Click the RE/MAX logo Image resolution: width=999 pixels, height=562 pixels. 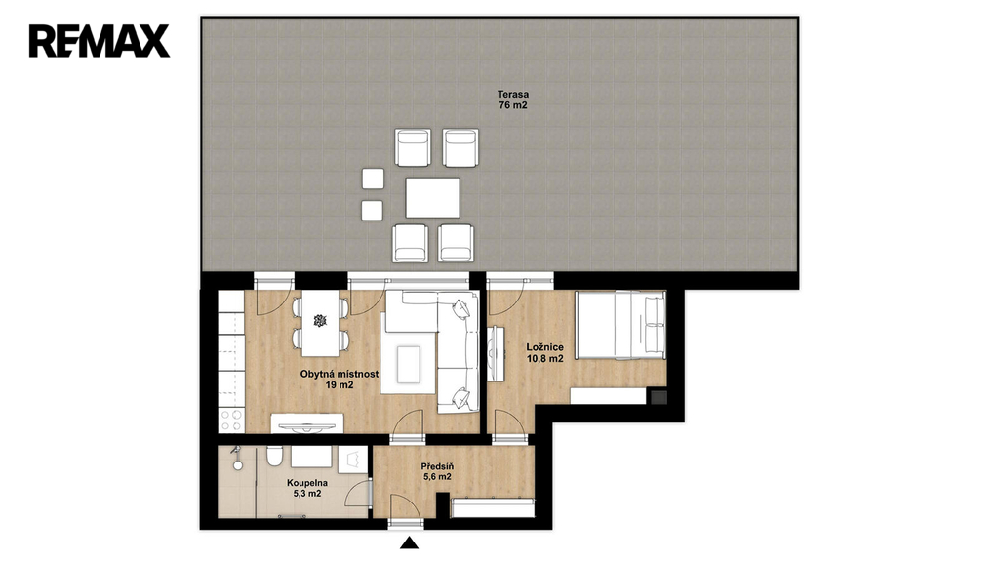(x=100, y=41)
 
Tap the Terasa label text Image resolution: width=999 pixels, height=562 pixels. (x=513, y=95)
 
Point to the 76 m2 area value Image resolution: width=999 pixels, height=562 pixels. (x=513, y=105)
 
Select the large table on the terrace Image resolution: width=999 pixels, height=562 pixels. (x=432, y=197)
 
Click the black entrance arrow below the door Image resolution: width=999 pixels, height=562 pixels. (x=409, y=542)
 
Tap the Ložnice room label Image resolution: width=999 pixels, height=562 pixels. (x=544, y=347)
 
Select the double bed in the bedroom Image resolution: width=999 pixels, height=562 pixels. (x=620, y=325)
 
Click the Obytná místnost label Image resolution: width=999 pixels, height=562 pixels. (x=340, y=374)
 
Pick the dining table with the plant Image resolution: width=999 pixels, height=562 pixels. (x=320, y=323)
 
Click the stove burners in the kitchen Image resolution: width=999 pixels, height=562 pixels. (x=231, y=420)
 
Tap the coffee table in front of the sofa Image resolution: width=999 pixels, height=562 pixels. (x=409, y=364)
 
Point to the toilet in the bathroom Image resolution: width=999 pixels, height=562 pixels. (x=274, y=457)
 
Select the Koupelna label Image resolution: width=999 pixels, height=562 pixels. (x=307, y=483)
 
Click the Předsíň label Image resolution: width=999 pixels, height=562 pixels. (x=437, y=466)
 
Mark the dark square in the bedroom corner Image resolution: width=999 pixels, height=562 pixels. (x=659, y=398)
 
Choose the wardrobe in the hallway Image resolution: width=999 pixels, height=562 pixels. (x=493, y=507)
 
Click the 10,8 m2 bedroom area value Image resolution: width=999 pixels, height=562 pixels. (x=544, y=359)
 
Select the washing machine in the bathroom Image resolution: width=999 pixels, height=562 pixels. (x=352, y=460)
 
